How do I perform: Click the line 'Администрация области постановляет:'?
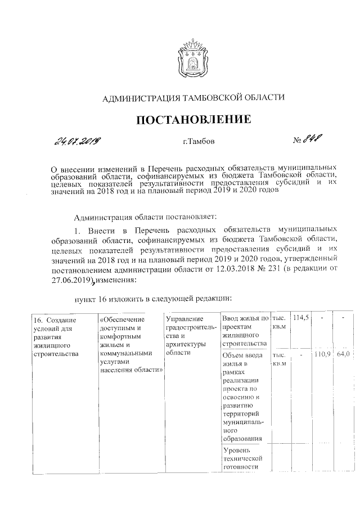click(x=149, y=215)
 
